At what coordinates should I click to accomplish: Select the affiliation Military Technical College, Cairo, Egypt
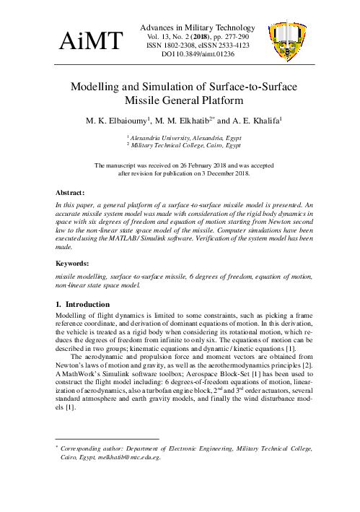point(185,145)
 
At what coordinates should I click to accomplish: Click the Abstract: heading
point(72,193)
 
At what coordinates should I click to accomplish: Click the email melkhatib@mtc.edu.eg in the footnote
point(127,456)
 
